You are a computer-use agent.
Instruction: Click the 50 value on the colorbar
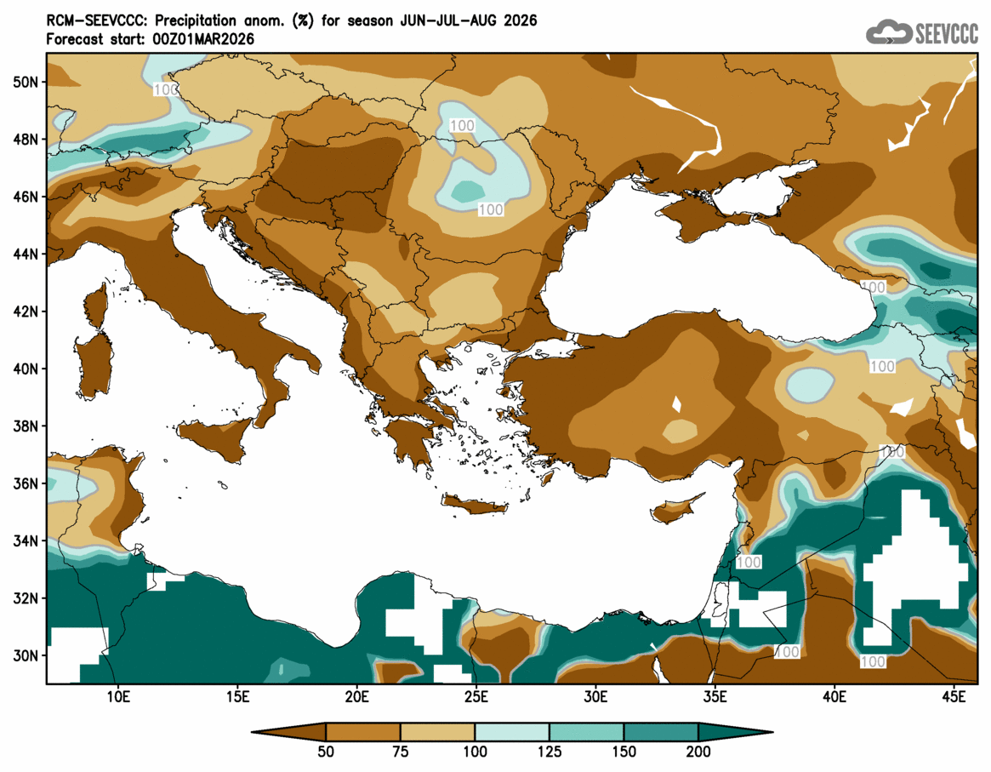click(x=326, y=752)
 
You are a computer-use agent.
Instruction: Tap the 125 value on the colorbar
click(x=550, y=752)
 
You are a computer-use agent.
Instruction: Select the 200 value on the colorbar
click(x=698, y=752)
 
